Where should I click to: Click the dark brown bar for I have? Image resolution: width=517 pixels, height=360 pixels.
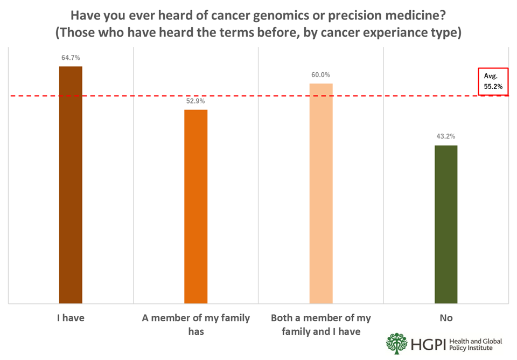(71, 185)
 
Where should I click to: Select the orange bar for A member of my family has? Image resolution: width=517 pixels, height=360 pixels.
(196, 206)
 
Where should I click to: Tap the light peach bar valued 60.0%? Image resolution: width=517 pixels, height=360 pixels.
(321, 193)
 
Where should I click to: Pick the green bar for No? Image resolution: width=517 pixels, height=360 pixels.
(446, 224)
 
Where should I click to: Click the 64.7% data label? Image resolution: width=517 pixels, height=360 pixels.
(71, 58)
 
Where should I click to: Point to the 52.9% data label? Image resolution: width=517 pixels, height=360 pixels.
(195, 101)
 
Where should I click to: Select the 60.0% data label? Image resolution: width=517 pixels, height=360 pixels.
(320, 75)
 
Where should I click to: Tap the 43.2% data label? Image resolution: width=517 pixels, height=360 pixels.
(446, 136)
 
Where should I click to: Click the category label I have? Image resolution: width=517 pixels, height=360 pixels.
(71, 318)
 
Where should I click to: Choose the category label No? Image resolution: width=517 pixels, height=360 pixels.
(446, 318)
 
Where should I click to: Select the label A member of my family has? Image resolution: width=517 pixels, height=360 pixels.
(196, 324)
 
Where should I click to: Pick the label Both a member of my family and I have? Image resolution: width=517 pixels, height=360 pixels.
(321, 324)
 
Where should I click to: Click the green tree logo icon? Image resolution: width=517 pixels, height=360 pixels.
(397, 344)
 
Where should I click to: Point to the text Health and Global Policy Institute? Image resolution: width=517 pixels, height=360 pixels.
(476, 344)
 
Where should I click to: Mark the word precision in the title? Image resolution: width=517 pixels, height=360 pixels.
(361, 16)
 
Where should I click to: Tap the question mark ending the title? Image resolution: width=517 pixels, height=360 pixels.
(443, 15)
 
